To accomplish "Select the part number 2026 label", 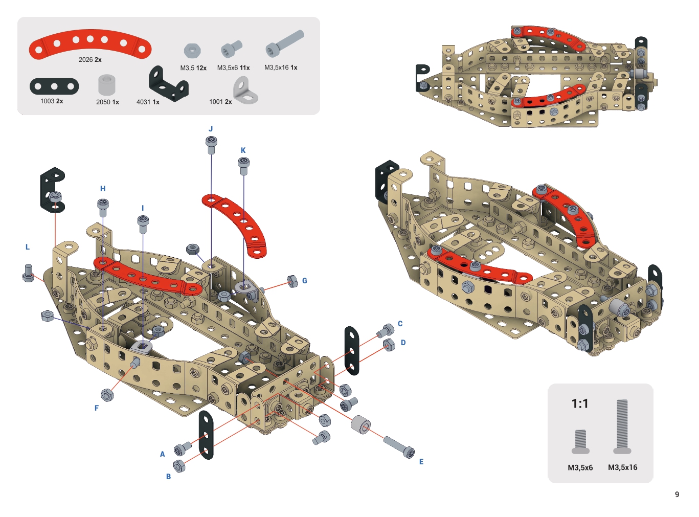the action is pyautogui.click(x=85, y=60).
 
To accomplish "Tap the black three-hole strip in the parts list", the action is pyautogui.click(x=54, y=86).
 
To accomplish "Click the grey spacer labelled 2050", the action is pyautogui.click(x=106, y=84).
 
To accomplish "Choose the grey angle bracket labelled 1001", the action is pyautogui.click(x=245, y=91).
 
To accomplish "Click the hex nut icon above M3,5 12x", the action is pyautogui.click(x=192, y=51).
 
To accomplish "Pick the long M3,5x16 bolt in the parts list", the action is pyautogui.click(x=285, y=44).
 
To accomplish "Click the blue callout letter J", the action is pyautogui.click(x=211, y=129).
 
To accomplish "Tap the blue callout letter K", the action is pyautogui.click(x=243, y=150).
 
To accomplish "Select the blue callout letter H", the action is pyautogui.click(x=103, y=189).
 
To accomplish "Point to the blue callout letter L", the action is pyautogui.click(x=28, y=247).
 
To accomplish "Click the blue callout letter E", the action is pyautogui.click(x=421, y=462).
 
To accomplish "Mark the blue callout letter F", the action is pyautogui.click(x=97, y=408).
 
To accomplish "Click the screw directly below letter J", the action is pyautogui.click(x=211, y=145).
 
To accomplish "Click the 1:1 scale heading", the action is pyautogui.click(x=580, y=403).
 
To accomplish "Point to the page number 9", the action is pyautogui.click(x=677, y=494).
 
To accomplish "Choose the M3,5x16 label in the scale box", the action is pyautogui.click(x=622, y=467).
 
